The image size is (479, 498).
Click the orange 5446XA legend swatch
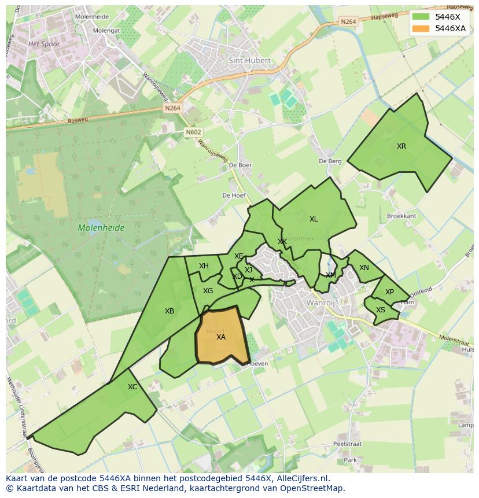tap(421, 28)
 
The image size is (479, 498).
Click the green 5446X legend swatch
tap(421, 17)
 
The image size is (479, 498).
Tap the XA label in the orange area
tap(221, 337)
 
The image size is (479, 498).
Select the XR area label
tap(401, 146)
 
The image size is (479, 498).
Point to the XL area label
tap(314, 219)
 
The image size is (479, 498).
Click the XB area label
tap(170, 311)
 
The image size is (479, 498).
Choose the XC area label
tap(132, 387)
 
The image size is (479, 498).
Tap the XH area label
tap(204, 266)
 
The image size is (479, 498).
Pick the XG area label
tap(208, 291)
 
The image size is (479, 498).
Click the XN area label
tap(364, 268)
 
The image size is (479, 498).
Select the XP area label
tap(389, 292)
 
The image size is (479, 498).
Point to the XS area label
tap(381, 310)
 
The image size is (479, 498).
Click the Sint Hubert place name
tap(250, 60)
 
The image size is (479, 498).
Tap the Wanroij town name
tap(321, 303)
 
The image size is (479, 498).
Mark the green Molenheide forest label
tap(101, 228)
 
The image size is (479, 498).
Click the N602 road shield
tap(194, 132)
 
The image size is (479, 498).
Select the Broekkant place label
tap(401, 216)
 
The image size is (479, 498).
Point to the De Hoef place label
tap(234, 195)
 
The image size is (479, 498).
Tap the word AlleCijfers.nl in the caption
tap(301, 478)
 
